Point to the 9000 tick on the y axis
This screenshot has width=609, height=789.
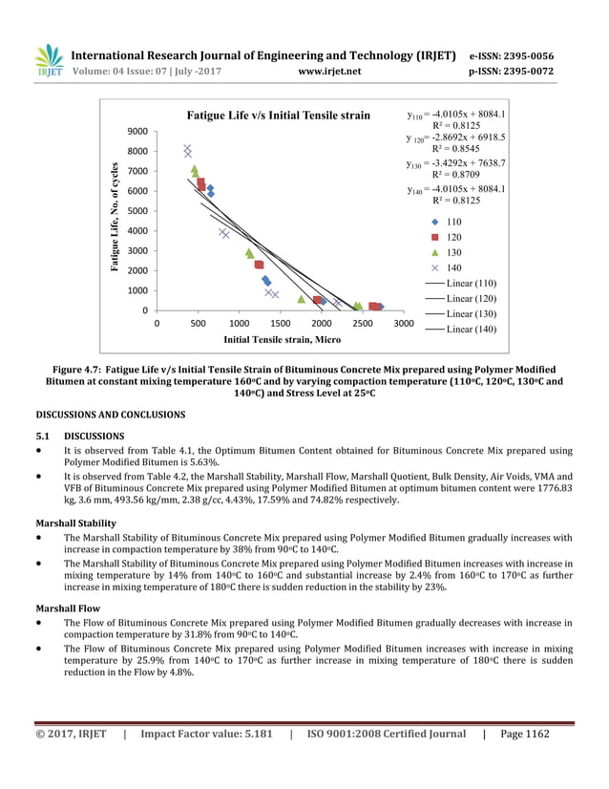(136, 132)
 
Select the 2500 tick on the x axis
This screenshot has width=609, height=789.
(363, 324)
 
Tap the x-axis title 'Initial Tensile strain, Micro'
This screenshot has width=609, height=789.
(282, 339)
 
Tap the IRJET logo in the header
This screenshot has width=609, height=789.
(48, 62)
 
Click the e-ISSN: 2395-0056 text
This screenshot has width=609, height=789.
(512, 56)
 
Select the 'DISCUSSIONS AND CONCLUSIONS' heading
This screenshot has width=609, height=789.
(110, 415)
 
